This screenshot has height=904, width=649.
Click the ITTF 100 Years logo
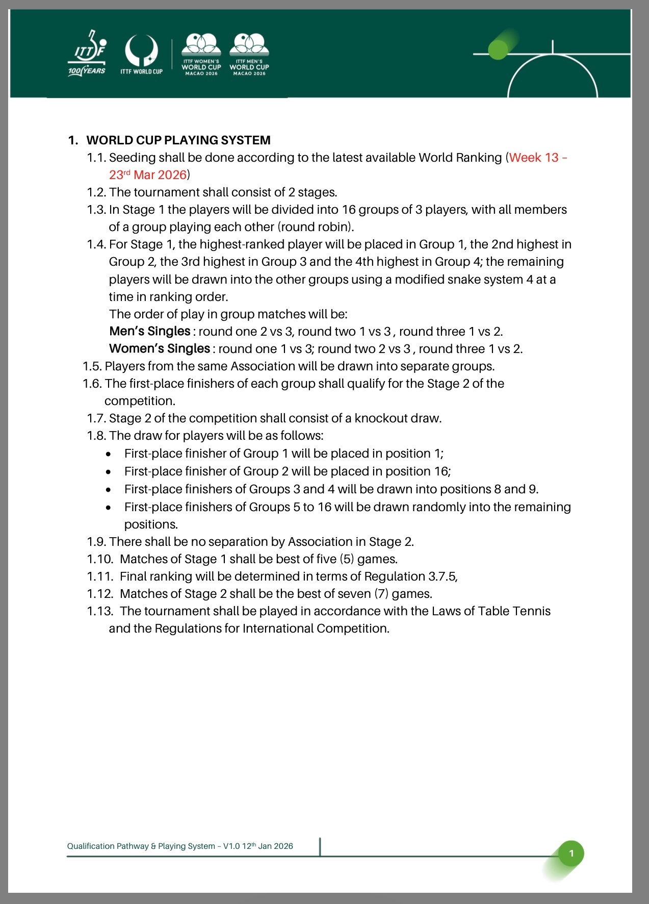pos(87,54)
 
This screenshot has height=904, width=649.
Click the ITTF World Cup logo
pos(141,54)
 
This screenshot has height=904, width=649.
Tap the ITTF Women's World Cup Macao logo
pos(201,54)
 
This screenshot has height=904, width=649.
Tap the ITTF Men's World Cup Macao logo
pos(249,54)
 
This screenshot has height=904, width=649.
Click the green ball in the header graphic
pos(498,49)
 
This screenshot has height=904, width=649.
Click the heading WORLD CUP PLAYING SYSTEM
pos(178,140)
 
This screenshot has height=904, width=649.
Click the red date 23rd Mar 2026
pos(148,175)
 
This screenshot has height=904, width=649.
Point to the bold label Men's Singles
pos(149,331)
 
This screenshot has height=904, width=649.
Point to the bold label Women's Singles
pos(159,348)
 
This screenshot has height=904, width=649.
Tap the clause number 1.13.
pos(99,611)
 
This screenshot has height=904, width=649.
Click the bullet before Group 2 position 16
pos(108,472)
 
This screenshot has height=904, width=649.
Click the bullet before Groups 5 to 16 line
pos(108,508)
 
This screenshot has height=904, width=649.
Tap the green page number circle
pos(571,853)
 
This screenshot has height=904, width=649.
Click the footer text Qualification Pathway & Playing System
pos(141,846)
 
